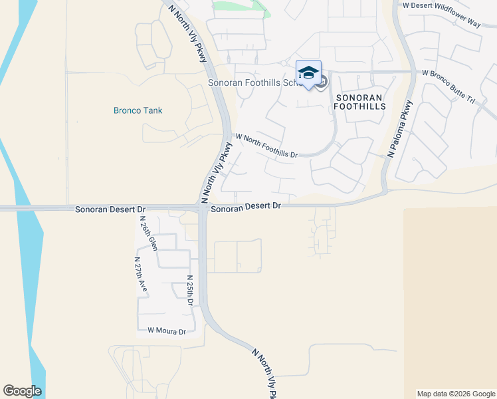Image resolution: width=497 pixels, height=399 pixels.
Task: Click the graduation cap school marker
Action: (308, 72)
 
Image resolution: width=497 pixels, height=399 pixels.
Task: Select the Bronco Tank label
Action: (138, 110)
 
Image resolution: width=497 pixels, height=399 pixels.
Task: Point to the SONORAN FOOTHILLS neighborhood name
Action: (360, 102)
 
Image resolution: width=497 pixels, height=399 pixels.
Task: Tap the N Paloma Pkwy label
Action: (400, 129)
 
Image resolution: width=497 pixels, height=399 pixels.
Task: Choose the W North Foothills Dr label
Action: (266, 144)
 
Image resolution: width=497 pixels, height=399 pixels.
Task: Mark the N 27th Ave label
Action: (140, 275)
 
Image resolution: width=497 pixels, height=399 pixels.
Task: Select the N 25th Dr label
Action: (190, 291)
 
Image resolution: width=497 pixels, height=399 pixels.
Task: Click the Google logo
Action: (22, 391)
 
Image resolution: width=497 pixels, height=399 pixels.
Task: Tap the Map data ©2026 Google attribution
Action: (456, 394)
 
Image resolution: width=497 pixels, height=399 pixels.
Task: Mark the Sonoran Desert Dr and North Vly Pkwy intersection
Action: (202, 208)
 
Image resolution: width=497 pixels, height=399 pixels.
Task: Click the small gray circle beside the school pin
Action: (322, 82)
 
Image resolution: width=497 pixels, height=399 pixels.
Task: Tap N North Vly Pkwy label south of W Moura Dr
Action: (264, 372)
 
